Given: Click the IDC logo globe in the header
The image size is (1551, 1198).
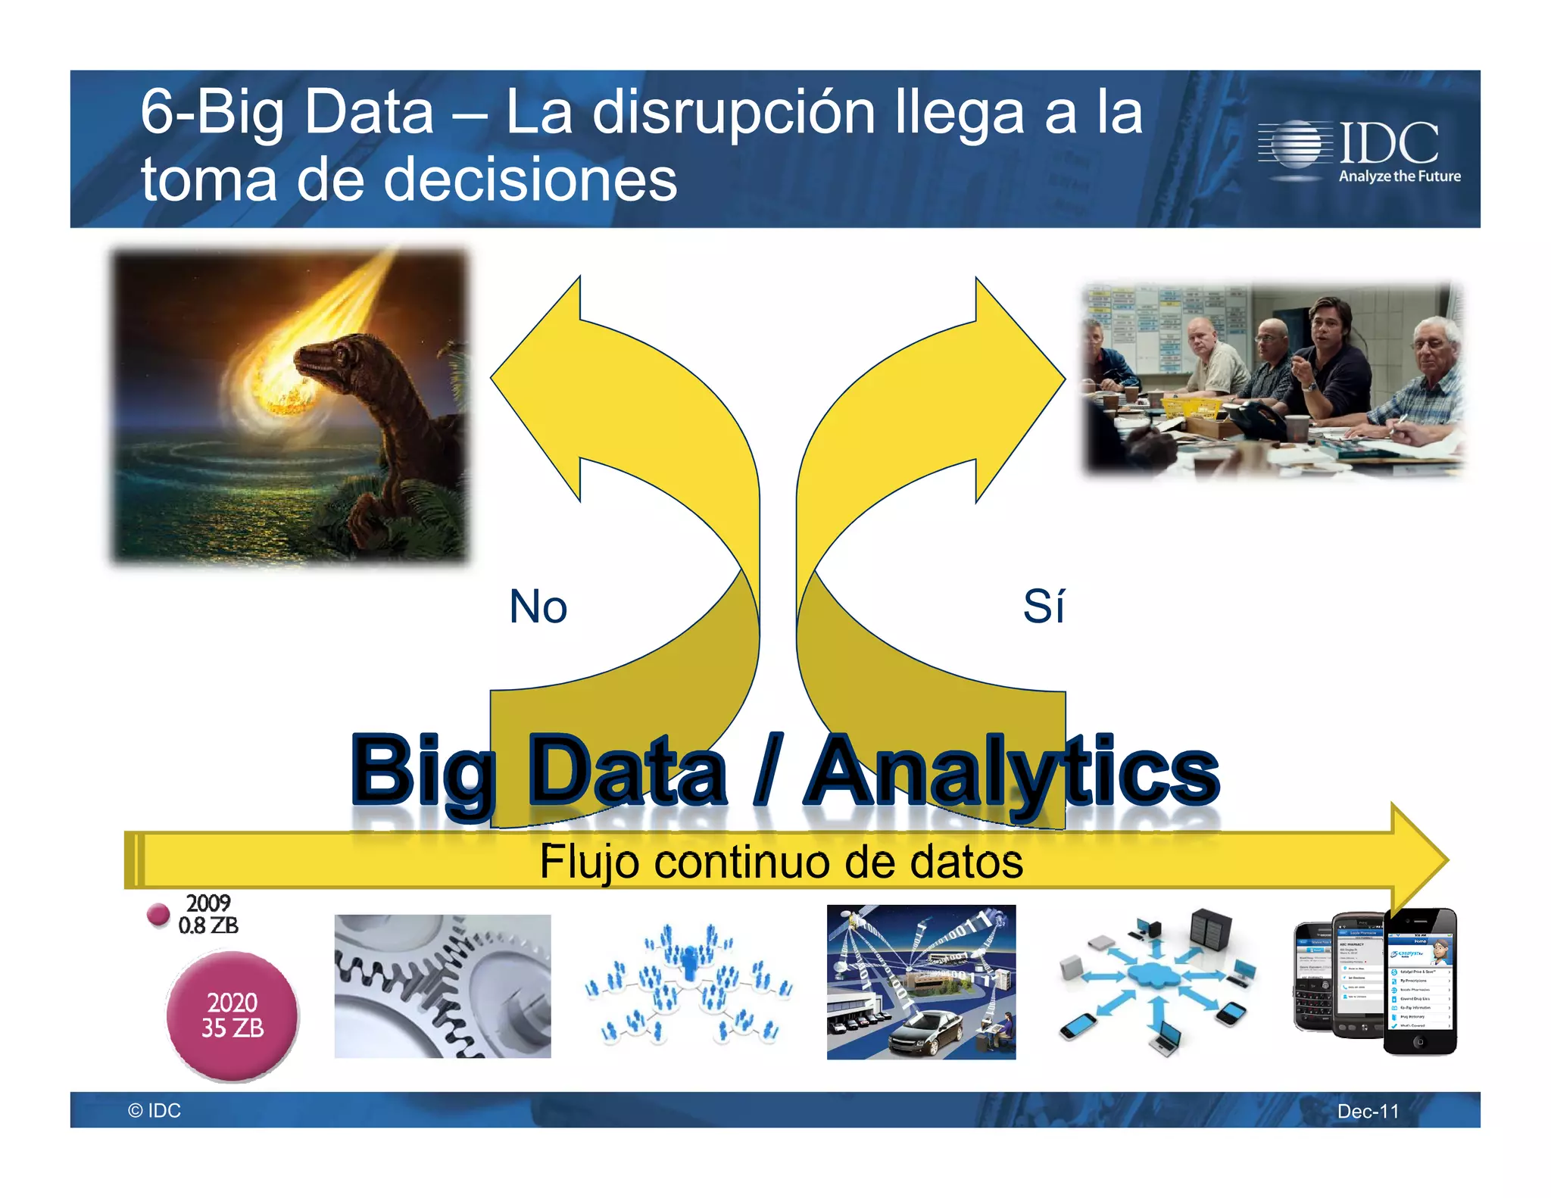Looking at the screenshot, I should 1297,143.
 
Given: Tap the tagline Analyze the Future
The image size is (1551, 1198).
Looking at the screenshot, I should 1400,176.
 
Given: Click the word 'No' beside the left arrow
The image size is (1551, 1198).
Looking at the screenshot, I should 538,607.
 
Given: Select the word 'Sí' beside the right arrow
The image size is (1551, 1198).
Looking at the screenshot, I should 1043,607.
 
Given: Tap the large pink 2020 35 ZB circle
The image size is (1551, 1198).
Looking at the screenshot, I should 232,1015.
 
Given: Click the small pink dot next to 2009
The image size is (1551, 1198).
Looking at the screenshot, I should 158,914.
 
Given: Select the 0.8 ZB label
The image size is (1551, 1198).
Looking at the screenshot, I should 208,925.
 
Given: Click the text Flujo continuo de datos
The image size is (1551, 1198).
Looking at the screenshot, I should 781,862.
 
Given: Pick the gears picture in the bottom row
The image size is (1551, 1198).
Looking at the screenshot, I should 442,986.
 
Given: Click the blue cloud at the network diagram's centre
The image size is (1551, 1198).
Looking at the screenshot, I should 1153,976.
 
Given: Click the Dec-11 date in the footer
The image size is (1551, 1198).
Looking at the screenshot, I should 1368,1111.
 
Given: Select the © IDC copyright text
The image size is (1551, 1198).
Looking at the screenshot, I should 154,1110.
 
